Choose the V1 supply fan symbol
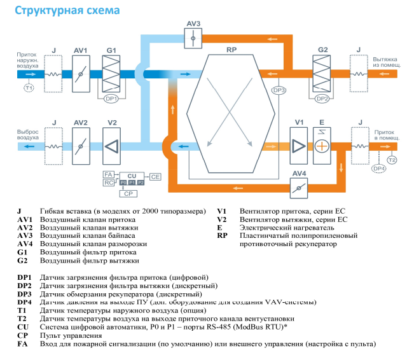[x=298, y=145]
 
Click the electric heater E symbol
[x=322, y=145]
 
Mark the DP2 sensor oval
[x=322, y=99]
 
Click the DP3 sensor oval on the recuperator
[x=279, y=90]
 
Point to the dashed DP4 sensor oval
[x=378, y=169]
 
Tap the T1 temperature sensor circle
[x=28, y=88]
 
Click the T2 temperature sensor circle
[x=392, y=159]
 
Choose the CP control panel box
[x=128, y=193]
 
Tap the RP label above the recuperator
[x=231, y=49]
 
